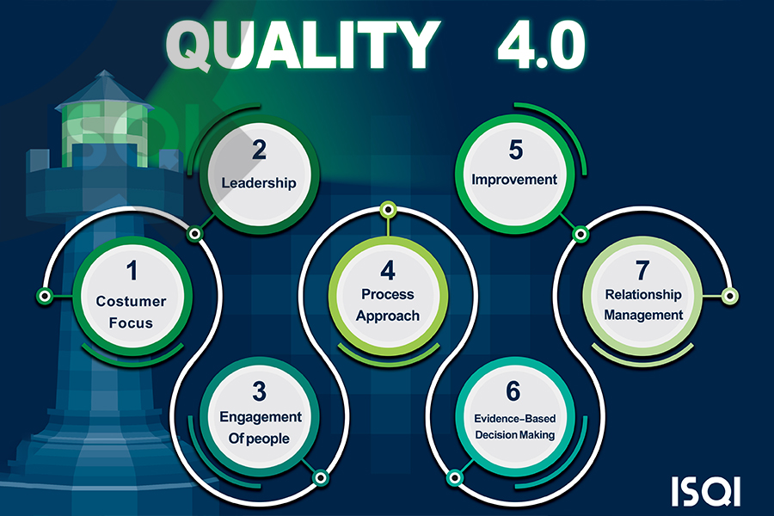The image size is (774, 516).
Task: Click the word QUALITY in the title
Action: (x=302, y=46)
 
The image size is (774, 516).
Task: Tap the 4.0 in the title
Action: (x=542, y=46)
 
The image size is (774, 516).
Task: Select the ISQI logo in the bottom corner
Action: (x=706, y=490)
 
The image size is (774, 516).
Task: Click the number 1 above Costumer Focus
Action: (x=132, y=271)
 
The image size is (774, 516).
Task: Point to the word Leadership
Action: (x=259, y=183)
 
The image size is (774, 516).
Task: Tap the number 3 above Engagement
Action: (x=259, y=391)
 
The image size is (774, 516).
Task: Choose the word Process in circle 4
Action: (x=388, y=294)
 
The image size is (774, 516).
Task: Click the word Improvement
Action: (x=514, y=180)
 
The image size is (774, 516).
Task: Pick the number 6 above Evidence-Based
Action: (x=513, y=391)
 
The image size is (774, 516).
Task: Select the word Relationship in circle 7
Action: (x=643, y=295)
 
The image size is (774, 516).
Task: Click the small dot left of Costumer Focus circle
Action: (x=45, y=296)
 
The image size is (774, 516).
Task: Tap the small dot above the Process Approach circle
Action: (x=389, y=210)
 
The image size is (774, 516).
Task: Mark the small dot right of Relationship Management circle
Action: (x=730, y=296)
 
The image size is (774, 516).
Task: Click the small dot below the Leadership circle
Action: (x=195, y=233)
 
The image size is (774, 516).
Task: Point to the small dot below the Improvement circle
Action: (x=580, y=234)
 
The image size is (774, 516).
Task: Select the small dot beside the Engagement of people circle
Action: (x=321, y=478)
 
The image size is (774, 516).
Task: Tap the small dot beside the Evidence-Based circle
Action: (x=454, y=478)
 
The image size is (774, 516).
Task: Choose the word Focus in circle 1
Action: (x=131, y=323)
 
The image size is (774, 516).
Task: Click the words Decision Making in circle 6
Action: (x=515, y=435)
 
